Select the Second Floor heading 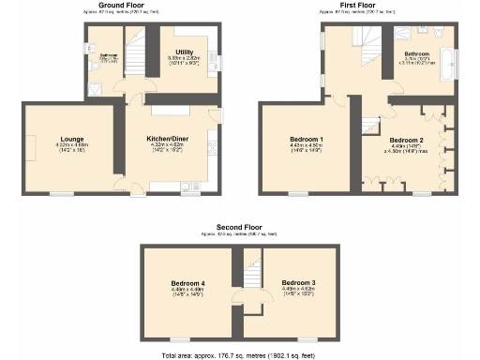(240, 228)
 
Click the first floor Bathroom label (416, 55)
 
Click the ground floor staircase (137, 52)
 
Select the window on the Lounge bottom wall (62, 193)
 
